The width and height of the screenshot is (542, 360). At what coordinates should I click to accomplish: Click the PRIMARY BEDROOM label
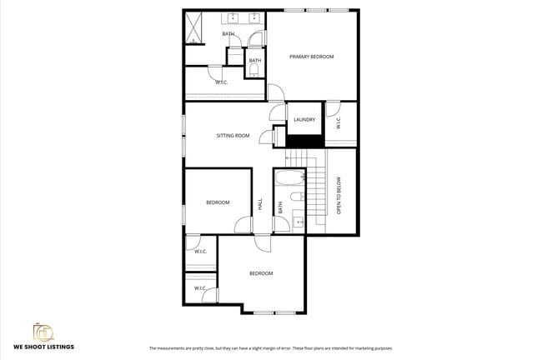311,57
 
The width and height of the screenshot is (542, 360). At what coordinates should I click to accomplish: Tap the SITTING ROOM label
233,135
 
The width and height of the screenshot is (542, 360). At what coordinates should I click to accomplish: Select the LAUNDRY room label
304,120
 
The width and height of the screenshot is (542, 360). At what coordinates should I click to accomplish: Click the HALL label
260,202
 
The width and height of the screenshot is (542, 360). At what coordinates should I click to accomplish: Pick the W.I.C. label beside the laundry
338,123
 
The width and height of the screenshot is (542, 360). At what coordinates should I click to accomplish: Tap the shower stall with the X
194,27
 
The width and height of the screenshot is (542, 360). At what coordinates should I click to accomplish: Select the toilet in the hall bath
295,197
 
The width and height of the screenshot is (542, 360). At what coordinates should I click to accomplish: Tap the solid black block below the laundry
304,141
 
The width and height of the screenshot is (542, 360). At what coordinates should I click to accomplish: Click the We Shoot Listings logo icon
42,332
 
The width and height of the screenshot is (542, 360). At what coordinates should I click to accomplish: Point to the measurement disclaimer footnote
270,348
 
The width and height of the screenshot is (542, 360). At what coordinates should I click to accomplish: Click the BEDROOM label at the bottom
261,273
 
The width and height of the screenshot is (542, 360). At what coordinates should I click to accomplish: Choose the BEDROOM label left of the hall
218,202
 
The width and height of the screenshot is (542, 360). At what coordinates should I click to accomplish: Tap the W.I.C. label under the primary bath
221,82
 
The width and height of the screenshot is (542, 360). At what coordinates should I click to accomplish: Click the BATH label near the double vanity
228,34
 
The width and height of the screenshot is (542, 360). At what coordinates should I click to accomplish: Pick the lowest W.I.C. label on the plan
200,288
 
